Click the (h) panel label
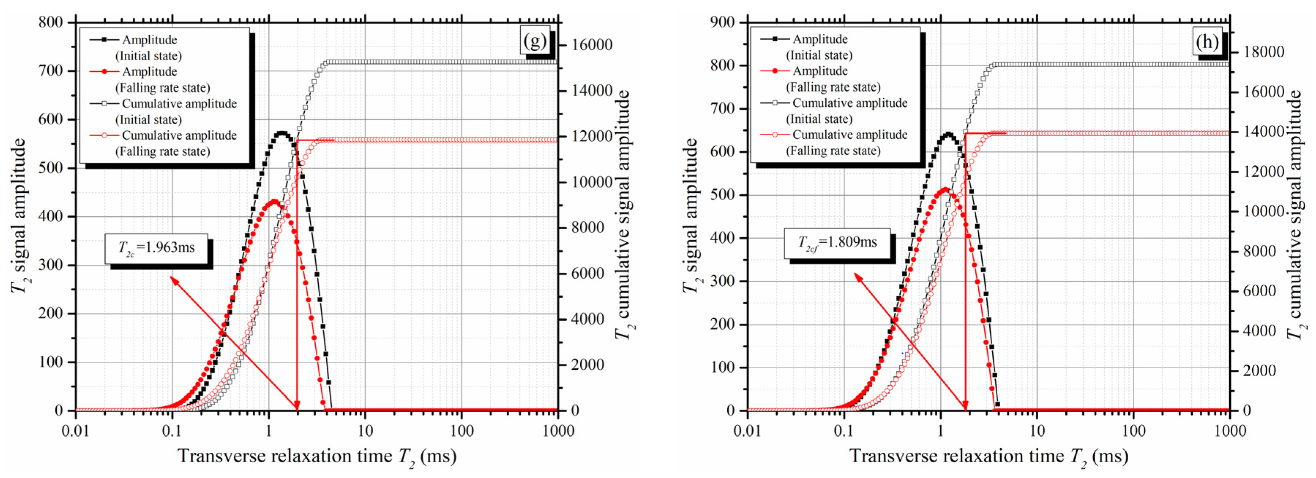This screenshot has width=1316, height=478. [1207, 41]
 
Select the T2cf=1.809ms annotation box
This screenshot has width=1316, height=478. [837, 242]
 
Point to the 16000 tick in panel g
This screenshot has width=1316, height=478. [592, 45]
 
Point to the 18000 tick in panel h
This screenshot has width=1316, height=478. [1264, 52]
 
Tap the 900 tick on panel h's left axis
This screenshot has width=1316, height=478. [722, 22]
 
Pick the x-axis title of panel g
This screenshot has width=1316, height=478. [317, 456]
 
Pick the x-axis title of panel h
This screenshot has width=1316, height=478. [989, 456]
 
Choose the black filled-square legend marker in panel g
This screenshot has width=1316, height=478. [105, 40]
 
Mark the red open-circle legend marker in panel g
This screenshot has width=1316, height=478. [105, 135]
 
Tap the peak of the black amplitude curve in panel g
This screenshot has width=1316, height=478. [281, 133]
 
